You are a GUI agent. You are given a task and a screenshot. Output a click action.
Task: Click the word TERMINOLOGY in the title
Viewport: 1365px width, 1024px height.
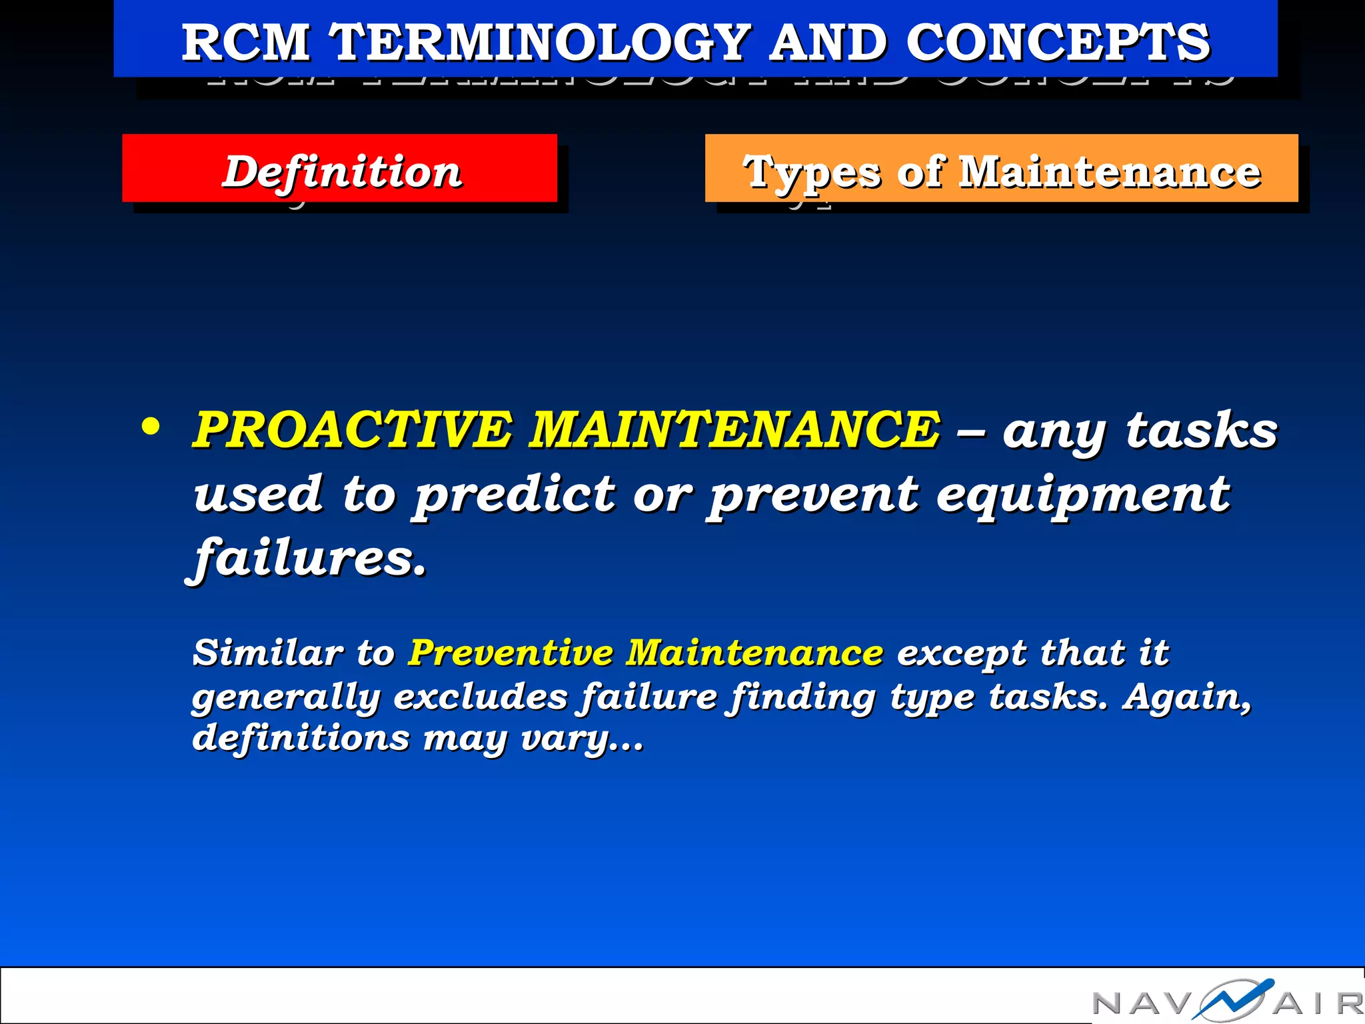(x=541, y=42)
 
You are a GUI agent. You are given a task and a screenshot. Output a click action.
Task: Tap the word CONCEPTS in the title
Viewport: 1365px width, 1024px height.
(x=1058, y=42)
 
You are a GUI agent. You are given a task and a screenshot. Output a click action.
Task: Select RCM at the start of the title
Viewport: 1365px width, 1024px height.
(x=246, y=42)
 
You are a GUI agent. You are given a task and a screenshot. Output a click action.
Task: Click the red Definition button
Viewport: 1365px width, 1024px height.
(x=340, y=169)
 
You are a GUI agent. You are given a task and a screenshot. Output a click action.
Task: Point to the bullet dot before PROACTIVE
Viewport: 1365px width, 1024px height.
(x=151, y=427)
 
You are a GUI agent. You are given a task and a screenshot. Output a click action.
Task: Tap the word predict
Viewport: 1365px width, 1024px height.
(x=515, y=494)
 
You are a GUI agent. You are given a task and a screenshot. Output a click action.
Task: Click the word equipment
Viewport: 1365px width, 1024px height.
(x=1082, y=494)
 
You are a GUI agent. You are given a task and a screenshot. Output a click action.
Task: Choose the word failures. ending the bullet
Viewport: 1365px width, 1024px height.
(x=309, y=557)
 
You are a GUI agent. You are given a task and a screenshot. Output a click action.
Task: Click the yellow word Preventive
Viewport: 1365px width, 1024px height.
(x=511, y=652)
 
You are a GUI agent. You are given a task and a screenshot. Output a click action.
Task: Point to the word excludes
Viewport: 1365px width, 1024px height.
(x=481, y=697)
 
